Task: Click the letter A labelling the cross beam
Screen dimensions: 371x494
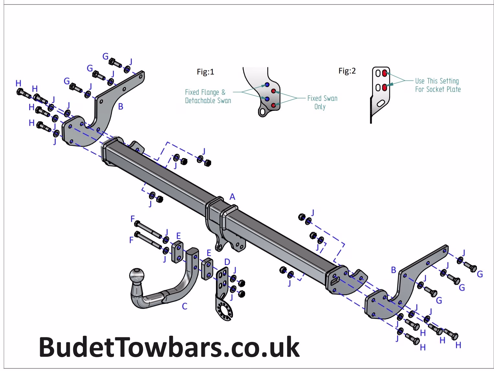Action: point(232,197)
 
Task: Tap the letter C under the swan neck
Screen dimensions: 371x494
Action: point(185,306)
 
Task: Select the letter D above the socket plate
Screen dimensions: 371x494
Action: point(227,261)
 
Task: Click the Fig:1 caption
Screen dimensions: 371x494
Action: point(206,72)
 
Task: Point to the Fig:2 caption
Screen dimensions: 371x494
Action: point(347,71)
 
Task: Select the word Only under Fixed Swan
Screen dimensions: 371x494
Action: point(320,107)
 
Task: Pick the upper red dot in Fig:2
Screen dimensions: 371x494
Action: point(385,73)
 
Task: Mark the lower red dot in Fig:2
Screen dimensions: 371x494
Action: point(385,88)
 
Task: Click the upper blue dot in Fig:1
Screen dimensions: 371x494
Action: point(267,85)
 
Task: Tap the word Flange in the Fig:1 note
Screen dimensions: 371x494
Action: point(210,93)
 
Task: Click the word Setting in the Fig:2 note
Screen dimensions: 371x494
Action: point(448,81)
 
